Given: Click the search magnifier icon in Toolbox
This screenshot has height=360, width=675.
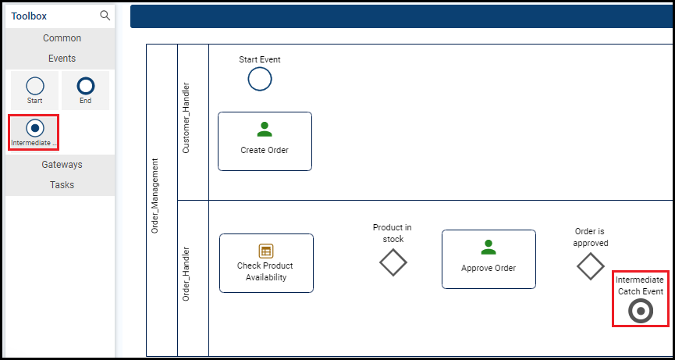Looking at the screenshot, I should [x=105, y=16].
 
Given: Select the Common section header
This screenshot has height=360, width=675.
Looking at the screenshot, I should [x=62, y=38].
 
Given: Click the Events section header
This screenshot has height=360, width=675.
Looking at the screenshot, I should [x=62, y=59].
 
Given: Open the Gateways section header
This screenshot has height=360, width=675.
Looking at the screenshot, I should [x=62, y=165].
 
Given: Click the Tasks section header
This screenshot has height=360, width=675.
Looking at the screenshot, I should [x=62, y=185].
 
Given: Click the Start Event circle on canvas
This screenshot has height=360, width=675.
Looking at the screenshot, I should [x=260, y=79].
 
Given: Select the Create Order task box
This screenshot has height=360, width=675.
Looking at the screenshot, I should [x=265, y=141].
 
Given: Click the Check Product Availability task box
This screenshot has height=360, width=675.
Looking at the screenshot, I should [x=266, y=263].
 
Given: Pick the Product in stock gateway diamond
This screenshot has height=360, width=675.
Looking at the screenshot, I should [x=393, y=262].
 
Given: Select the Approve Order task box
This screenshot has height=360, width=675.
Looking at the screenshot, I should [x=488, y=259].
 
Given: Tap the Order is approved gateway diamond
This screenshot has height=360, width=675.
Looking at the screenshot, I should [x=590, y=266].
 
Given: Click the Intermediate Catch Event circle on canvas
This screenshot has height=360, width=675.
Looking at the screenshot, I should [x=641, y=312].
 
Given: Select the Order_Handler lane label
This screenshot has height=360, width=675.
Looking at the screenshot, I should [x=186, y=275].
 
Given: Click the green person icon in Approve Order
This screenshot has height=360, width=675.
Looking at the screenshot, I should [x=488, y=248].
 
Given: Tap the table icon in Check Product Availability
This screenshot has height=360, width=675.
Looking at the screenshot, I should [x=266, y=251].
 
